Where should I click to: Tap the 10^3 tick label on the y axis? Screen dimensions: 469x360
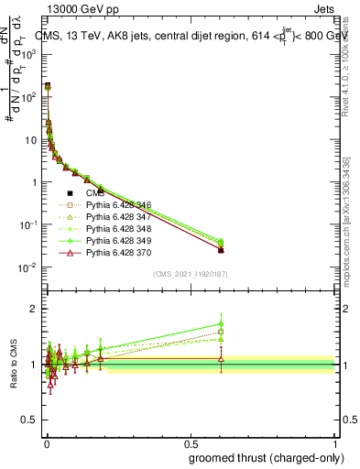29,55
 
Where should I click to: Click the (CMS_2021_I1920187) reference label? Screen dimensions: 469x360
190,274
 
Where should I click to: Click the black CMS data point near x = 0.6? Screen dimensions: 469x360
221,250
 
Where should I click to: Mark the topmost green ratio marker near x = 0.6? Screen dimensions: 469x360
221,323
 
